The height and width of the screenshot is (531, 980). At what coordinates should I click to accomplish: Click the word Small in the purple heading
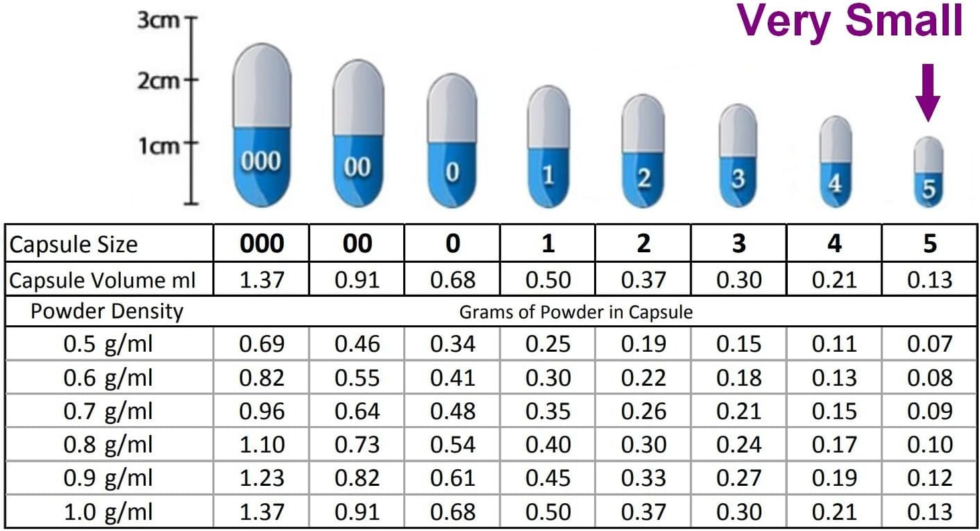(x=906, y=21)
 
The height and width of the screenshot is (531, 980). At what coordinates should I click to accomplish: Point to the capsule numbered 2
(x=643, y=153)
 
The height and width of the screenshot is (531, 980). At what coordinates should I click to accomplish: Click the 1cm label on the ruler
(x=158, y=144)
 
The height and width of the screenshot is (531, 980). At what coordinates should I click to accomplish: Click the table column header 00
(x=357, y=244)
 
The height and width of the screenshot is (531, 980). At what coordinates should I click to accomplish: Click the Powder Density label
(x=107, y=311)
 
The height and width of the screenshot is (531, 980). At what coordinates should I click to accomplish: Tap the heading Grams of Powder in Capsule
(x=576, y=312)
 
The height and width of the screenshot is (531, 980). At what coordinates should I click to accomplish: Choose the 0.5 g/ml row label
(x=108, y=344)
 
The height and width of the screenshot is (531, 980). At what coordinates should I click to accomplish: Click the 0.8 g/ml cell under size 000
(x=262, y=444)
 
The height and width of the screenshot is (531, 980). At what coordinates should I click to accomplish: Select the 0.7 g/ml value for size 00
(x=357, y=411)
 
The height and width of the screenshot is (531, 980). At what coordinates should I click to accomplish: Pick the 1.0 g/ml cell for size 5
(x=930, y=512)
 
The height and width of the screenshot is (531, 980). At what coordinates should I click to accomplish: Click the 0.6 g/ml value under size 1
(x=548, y=378)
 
